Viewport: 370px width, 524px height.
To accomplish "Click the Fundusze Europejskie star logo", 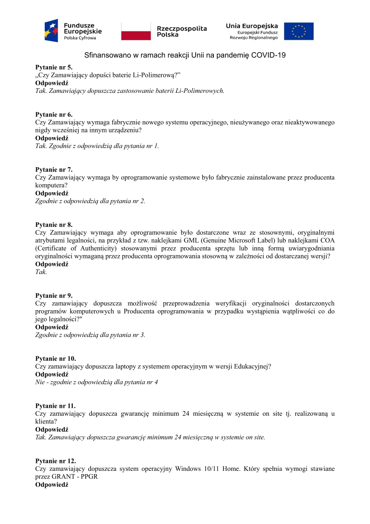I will point(51,31).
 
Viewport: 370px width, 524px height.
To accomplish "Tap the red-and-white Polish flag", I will point(136,31).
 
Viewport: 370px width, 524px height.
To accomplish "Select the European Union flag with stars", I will point(299,31).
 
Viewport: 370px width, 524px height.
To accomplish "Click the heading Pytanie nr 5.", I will point(54,67).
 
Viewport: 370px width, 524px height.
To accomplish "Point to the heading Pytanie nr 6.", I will point(54,114).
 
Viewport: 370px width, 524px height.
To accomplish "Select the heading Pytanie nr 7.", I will point(54,169).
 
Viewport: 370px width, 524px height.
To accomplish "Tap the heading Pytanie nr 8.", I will point(54,224).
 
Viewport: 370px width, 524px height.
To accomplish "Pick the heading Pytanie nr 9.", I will point(54,295).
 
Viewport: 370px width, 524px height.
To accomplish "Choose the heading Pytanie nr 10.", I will point(55,358).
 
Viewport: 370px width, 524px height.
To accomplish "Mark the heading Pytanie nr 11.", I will point(55,406).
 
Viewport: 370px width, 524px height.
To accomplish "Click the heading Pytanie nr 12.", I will point(55,461).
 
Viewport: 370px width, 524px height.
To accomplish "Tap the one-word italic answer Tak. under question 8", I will point(41,272).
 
